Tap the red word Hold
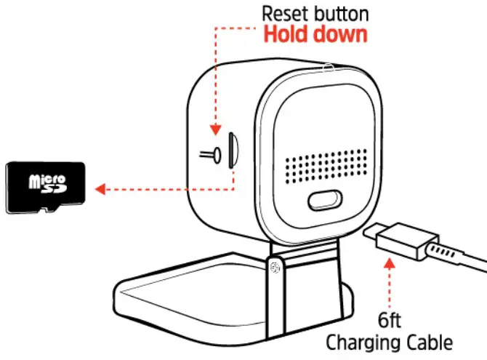(x=285, y=34)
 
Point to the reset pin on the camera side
(x=211, y=153)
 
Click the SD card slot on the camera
(x=232, y=148)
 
